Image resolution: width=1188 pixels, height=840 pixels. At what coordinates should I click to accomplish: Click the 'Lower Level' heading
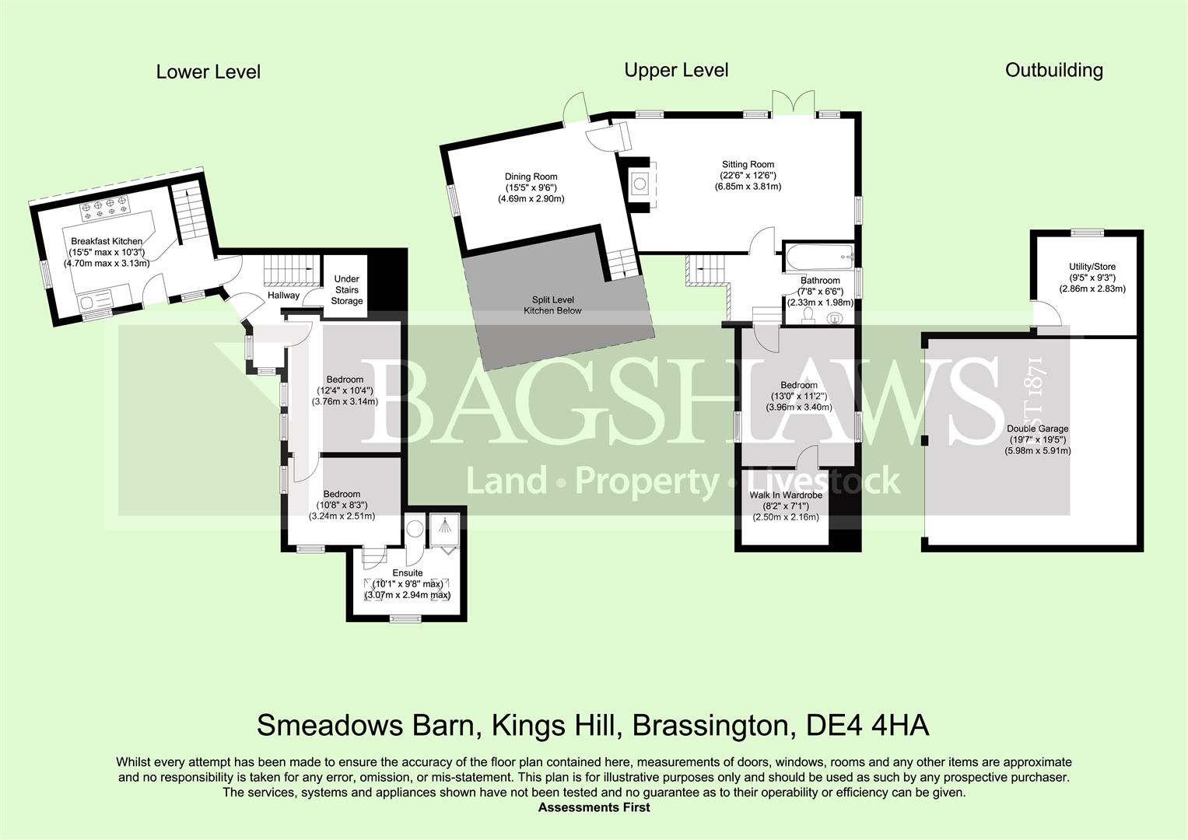pos(208,72)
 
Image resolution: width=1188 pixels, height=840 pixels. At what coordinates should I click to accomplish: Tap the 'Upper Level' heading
pos(676,70)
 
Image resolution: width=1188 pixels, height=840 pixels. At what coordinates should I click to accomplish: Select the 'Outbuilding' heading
pos(1054,70)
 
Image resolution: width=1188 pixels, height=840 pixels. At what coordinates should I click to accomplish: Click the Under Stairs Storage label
pos(347,289)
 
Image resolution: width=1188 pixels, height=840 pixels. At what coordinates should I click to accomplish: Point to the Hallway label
pos(283,296)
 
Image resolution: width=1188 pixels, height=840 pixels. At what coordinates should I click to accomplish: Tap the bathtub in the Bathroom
pos(819,257)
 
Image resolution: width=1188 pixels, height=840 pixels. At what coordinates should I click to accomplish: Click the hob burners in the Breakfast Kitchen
pos(104,207)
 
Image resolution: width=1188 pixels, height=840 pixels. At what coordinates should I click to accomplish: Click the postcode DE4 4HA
pos(867,726)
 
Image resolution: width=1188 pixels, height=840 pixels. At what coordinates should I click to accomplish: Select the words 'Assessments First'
pos(594,807)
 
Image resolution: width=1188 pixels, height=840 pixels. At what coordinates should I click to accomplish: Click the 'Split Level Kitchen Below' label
pos(552,305)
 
